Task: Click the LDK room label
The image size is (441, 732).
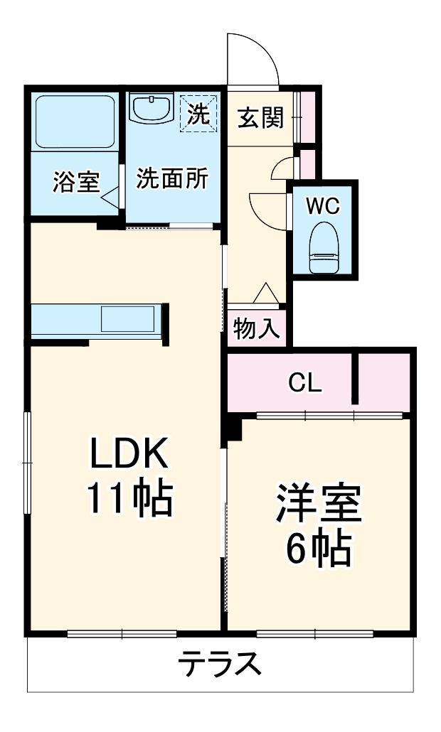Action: click(x=128, y=453)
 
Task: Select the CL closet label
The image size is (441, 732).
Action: click(x=305, y=383)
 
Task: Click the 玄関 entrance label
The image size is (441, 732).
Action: click(x=260, y=117)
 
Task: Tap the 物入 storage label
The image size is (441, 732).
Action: click(x=257, y=328)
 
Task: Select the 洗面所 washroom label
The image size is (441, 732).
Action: click(x=172, y=179)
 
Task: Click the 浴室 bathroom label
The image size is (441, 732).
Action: click(x=75, y=182)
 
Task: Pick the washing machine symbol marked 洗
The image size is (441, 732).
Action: click(x=198, y=114)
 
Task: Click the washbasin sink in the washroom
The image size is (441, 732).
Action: click(x=151, y=109)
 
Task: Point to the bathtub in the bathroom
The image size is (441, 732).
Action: click(x=75, y=122)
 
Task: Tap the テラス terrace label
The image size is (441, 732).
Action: click(x=219, y=666)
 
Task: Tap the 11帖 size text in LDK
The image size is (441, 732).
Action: click(x=129, y=500)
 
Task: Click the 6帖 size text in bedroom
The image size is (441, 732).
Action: click(x=318, y=548)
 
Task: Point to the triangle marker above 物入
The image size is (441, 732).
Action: click(x=265, y=292)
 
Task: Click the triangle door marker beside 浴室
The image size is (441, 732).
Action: click(x=111, y=195)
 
